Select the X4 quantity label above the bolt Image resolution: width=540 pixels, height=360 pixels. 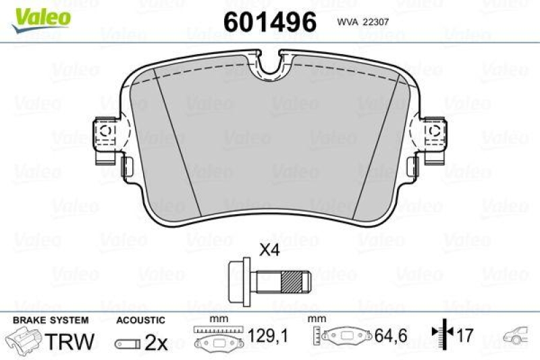pyautogui.click(x=270, y=249)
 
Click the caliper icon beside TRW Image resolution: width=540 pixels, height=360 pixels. pyautogui.click(x=26, y=341)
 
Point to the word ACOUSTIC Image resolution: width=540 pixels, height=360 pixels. pyautogui.click(x=140, y=320)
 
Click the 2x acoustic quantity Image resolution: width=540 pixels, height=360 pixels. pyautogui.click(x=157, y=342)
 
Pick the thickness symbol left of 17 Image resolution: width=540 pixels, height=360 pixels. pyautogui.click(x=440, y=334)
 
